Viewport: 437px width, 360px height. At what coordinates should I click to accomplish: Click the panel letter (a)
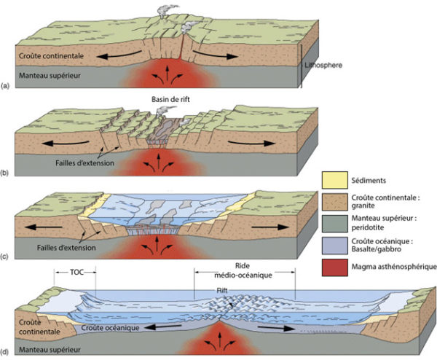pos(7,86)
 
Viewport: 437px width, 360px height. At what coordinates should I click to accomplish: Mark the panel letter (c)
pos(7,257)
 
